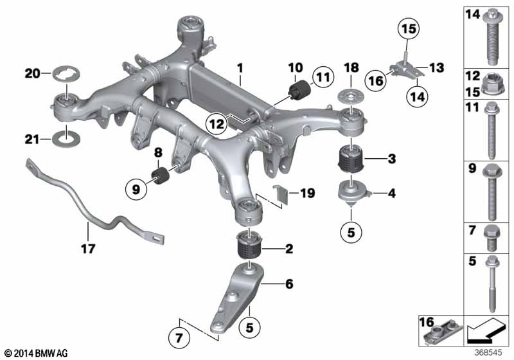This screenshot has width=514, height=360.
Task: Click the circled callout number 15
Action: [409, 29]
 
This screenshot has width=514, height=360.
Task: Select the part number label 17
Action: [88, 249]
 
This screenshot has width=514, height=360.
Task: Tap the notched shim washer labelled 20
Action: [66, 75]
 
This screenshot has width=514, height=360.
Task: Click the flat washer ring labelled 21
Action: [66, 139]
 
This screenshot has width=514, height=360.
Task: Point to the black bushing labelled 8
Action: [160, 175]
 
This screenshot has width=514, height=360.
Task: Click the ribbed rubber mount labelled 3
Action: [350, 159]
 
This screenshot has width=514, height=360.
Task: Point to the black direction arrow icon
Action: [486, 330]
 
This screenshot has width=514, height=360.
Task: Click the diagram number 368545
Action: [488, 353]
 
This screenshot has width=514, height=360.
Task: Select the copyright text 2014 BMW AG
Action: [37, 354]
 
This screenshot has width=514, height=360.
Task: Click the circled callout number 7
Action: [179, 337]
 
